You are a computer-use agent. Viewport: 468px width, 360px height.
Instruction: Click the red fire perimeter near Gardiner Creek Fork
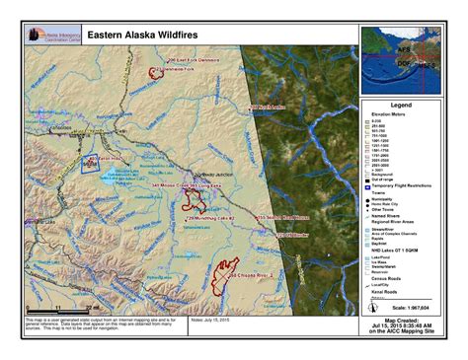[x=154, y=72]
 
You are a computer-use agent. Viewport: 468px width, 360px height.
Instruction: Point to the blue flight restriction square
[x=89, y=163]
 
